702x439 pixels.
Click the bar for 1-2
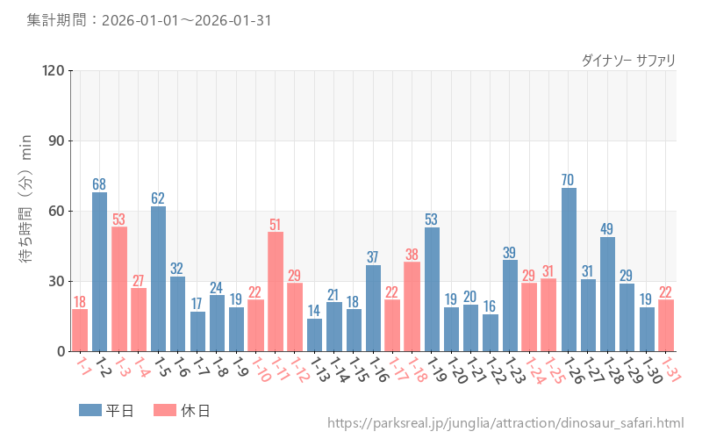(x=100, y=272)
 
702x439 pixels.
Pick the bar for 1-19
(x=432, y=290)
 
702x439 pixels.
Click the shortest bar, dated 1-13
(x=314, y=335)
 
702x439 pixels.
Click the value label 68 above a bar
(x=100, y=184)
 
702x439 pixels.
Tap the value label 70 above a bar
(x=569, y=180)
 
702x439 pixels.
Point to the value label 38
(x=412, y=255)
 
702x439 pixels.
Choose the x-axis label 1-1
(x=83, y=367)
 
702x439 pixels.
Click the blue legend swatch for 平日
(x=90, y=410)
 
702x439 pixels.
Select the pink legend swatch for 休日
(x=165, y=410)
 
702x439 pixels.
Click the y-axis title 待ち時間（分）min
(x=26, y=211)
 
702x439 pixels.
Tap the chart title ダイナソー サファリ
(x=628, y=60)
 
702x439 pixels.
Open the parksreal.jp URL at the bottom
(x=505, y=424)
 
